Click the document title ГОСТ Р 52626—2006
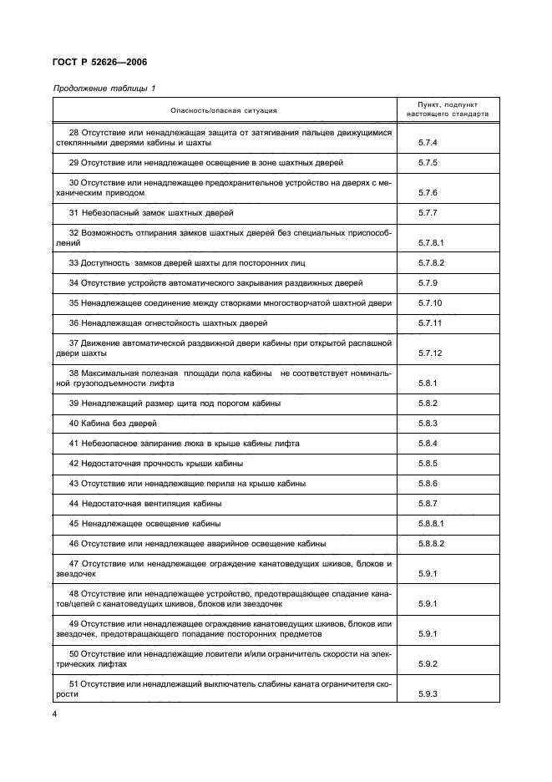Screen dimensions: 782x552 pyautogui.click(x=100, y=62)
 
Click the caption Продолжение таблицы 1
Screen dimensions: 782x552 pyautogui.click(x=104, y=88)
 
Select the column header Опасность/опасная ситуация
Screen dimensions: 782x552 pyautogui.click(x=224, y=109)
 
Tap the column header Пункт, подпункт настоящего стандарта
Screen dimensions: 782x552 pyautogui.click(x=448, y=109)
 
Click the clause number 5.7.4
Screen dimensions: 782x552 pyautogui.click(x=428, y=143)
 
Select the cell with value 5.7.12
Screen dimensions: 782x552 pyautogui.click(x=431, y=353)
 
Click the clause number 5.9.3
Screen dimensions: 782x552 pyautogui.click(x=428, y=693)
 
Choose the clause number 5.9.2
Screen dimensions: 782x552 pyautogui.click(x=428, y=663)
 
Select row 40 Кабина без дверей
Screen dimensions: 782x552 pyautogui.click(x=114, y=424)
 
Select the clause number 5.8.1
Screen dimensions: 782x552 pyautogui.click(x=428, y=383)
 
